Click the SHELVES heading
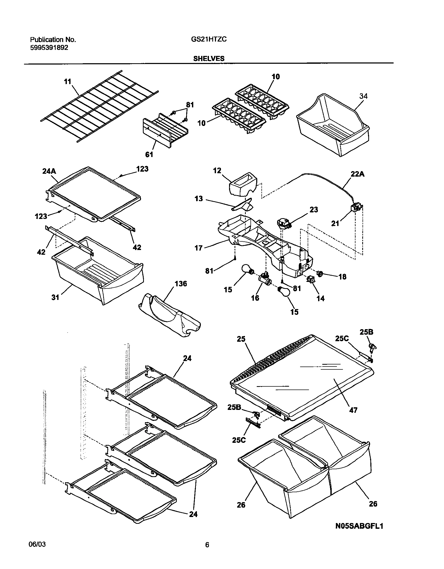209,59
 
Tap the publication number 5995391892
49,48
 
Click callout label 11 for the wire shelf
68,82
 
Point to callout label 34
363,96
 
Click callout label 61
149,155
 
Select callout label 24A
49,171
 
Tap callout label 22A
357,174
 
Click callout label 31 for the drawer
55,297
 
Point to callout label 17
199,248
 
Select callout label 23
314,210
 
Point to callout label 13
199,199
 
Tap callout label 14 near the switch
320,298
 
